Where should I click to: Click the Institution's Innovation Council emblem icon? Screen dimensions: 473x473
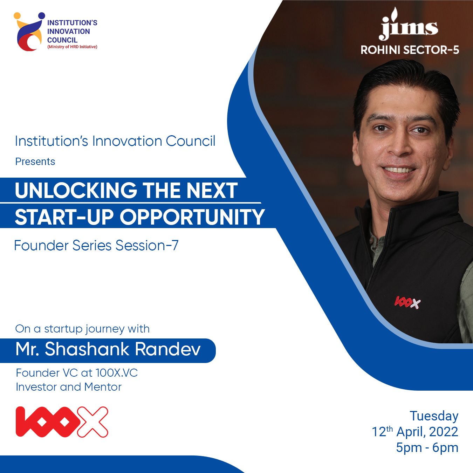pos(29,32)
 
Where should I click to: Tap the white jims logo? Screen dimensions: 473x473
pos(409,24)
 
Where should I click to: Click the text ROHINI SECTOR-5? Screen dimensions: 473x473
pos(410,50)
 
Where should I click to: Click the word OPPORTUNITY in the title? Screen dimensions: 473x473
pos(192,217)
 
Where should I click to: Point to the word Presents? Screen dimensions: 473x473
pos(35,162)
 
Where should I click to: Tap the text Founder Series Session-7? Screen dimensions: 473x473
pos(96,245)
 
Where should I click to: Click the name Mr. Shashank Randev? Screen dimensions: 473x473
pos(108,349)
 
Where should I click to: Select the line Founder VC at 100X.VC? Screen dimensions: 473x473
pos(77,373)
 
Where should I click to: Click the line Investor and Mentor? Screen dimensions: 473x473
pos(69,387)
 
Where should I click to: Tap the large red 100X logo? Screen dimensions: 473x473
pos(62,422)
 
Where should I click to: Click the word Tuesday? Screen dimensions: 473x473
pos(434,417)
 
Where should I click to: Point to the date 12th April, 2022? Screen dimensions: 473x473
pos(415,432)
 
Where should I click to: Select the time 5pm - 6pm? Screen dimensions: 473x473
pos(427,447)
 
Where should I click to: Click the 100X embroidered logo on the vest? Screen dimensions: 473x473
pos(407,302)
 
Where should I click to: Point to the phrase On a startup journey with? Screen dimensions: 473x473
pos(82,329)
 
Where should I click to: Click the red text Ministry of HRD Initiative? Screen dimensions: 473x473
pos(72,47)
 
